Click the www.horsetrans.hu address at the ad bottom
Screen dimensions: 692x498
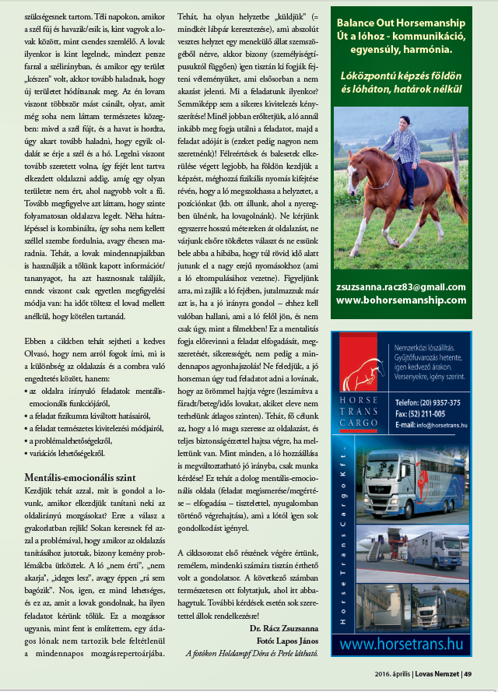pos(402,645)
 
